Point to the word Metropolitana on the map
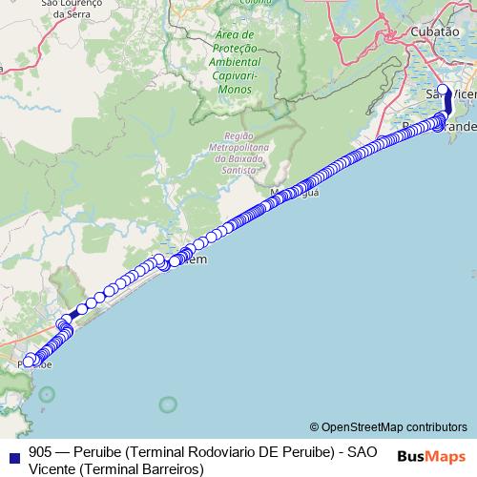click(238, 149)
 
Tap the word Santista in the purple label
click(238, 169)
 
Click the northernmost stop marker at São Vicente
click(442, 90)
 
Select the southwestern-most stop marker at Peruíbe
click(29, 361)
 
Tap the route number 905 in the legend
click(40, 451)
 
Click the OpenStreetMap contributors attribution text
click(394, 426)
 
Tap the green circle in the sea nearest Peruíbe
click(46, 393)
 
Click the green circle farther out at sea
click(168, 404)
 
